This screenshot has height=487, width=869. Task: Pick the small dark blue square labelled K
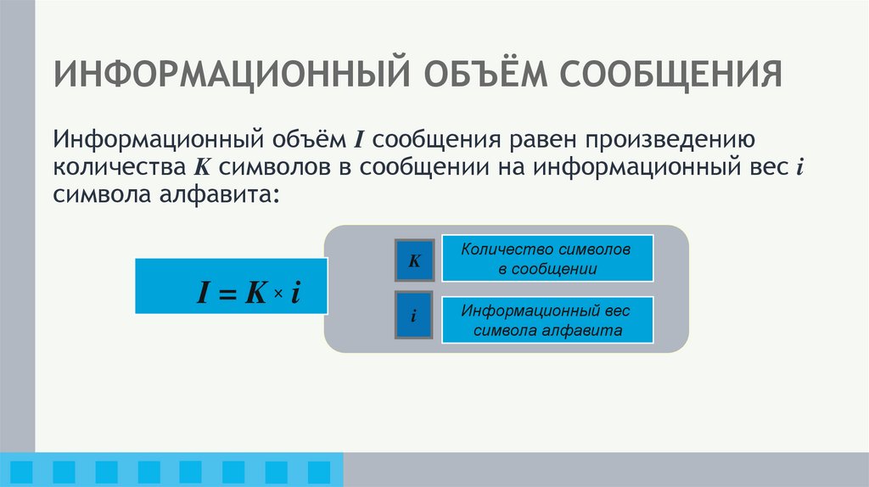click(x=414, y=260)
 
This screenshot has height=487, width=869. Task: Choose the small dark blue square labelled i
click(x=414, y=316)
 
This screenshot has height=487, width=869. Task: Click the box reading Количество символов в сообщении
click(x=547, y=260)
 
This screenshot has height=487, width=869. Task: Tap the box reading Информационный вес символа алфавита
click(x=547, y=320)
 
